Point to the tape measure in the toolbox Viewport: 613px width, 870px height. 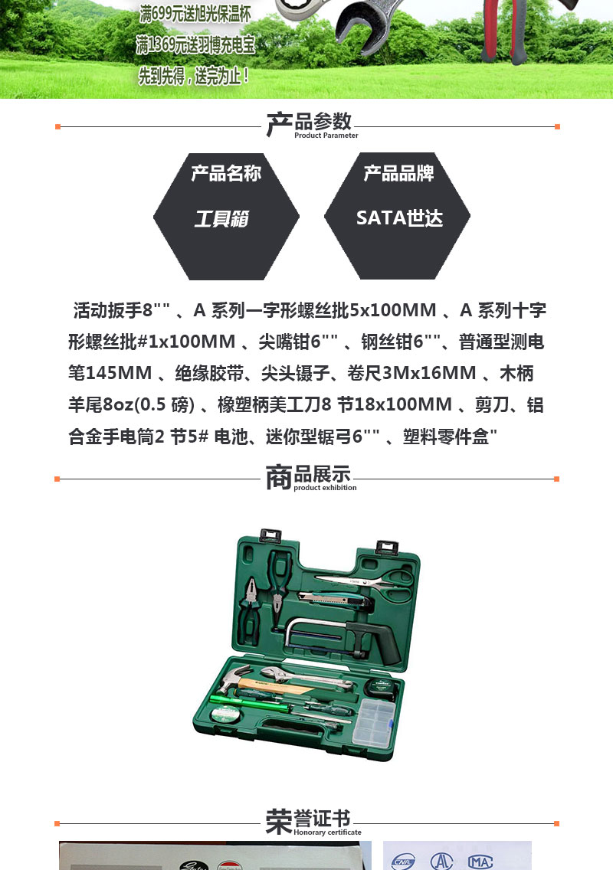(x=381, y=686)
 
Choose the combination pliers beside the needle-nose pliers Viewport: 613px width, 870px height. (x=251, y=610)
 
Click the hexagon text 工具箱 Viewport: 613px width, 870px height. (x=221, y=218)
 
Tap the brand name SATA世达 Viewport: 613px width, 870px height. (x=399, y=218)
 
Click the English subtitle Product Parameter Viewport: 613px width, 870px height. (x=326, y=136)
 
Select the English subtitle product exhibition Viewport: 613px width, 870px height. (x=325, y=488)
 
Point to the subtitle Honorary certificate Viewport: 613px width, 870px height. (x=327, y=832)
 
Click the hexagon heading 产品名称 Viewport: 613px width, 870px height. (x=226, y=173)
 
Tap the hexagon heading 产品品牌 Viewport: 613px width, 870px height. (x=398, y=173)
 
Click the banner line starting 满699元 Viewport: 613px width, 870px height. (x=195, y=13)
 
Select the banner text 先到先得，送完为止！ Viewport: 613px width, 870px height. (x=194, y=76)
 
